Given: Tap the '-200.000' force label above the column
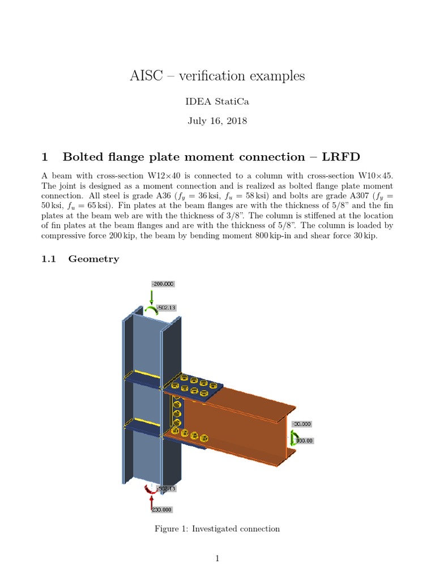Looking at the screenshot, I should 163,284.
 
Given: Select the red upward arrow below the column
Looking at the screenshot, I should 152,501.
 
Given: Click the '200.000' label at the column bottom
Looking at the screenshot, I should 162,509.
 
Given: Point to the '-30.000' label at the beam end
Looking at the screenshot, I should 302,424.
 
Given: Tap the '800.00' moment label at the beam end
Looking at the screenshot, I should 305,440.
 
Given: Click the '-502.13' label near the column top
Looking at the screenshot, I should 166,307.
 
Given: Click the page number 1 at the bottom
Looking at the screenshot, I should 217,558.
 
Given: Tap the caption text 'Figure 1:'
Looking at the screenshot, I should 172,528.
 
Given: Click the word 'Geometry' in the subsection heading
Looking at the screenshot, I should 93,259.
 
